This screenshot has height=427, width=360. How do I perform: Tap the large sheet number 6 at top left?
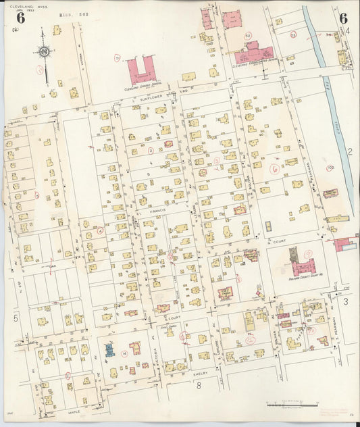[x=21, y=18]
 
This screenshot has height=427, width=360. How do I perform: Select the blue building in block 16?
[x=109, y=349]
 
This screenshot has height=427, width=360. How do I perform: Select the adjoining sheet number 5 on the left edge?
[x=15, y=318]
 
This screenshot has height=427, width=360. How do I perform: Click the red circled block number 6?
[x=274, y=169]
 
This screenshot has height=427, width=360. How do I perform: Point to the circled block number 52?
[x=247, y=35]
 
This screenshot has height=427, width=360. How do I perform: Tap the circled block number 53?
[x=293, y=34]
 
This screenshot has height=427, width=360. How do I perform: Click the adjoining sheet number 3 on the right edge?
[x=346, y=301]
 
